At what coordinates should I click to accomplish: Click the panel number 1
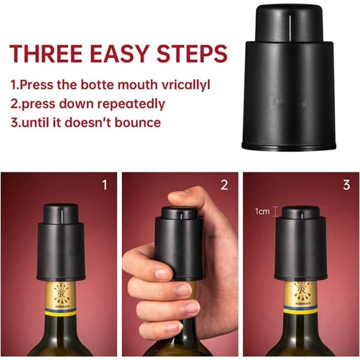pyautogui.click(x=105, y=185)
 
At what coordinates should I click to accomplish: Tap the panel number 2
pyautogui.click(x=224, y=185)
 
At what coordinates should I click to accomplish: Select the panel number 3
pyautogui.click(x=346, y=185)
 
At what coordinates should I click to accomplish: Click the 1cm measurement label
pyautogui.click(x=262, y=211)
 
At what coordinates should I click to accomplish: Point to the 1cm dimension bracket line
pyautogui.click(x=275, y=211)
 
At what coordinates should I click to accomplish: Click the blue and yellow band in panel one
pyautogui.click(x=60, y=311)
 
